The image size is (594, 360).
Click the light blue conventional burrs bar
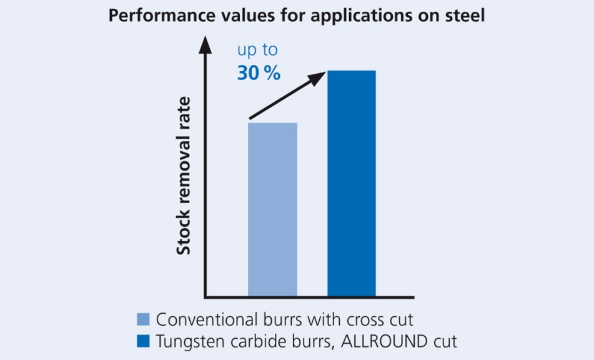(272, 209)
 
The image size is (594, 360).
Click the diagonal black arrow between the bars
(287, 95)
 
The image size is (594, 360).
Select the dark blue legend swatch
(144, 342)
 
